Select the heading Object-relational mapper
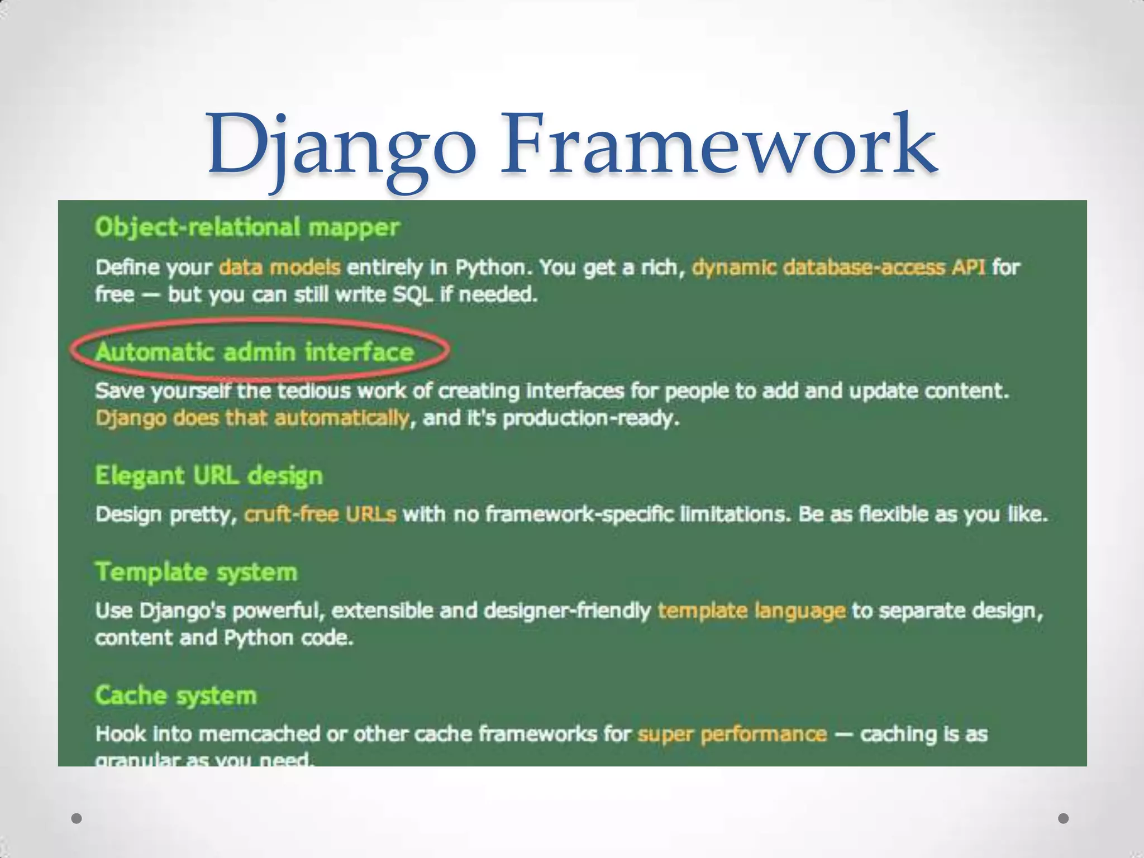(x=247, y=227)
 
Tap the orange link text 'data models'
(x=279, y=268)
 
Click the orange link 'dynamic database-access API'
(x=838, y=268)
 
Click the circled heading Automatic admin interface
(x=254, y=352)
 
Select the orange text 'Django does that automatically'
(x=252, y=418)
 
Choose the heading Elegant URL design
(x=209, y=476)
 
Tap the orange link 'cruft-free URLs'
(x=320, y=514)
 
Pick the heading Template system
(x=196, y=572)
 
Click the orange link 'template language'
(x=751, y=611)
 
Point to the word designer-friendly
(x=567, y=611)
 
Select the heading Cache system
(x=176, y=696)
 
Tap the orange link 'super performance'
(x=732, y=734)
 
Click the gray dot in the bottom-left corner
(x=77, y=818)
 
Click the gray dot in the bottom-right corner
(x=1064, y=818)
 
